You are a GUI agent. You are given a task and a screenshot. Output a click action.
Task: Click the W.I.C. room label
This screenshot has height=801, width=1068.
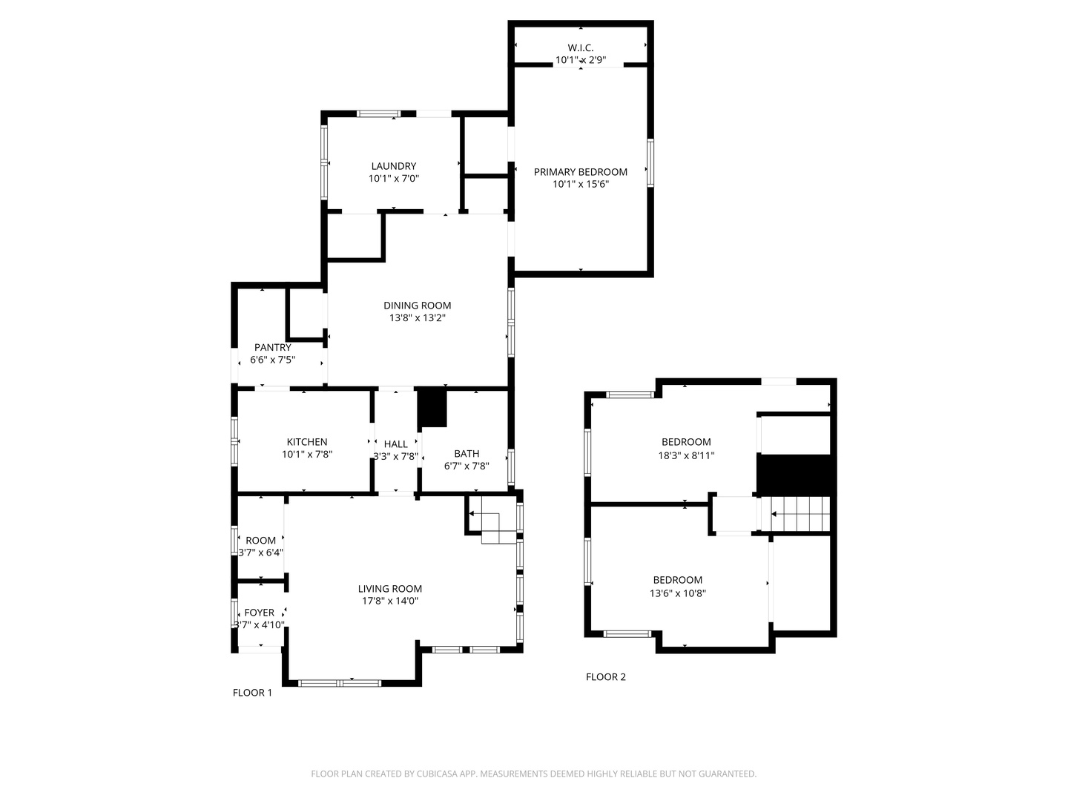pyautogui.click(x=581, y=47)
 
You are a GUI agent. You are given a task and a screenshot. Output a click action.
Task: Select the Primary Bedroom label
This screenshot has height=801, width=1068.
pyautogui.click(x=581, y=172)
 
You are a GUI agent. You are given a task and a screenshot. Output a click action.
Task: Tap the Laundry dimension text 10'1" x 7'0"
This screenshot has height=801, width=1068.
pyautogui.click(x=394, y=179)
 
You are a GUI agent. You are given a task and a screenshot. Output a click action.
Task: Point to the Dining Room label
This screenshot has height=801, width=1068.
pyautogui.click(x=417, y=306)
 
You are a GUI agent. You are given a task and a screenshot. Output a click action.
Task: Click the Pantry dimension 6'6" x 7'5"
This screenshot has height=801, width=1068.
pyautogui.click(x=273, y=360)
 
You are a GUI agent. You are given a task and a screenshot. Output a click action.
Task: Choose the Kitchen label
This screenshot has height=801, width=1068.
pyautogui.click(x=307, y=442)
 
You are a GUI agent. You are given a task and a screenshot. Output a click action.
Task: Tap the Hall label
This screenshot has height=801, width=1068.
pyautogui.click(x=395, y=444)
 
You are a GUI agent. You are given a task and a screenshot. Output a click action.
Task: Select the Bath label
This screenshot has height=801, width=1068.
pyautogui.click(x=467, y=454)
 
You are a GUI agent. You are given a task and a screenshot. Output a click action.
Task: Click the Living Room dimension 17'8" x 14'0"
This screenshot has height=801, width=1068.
pyautogui.click(x=390, y=601)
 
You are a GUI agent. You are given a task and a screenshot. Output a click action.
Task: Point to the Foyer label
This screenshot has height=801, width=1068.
pyautogui.click(x=260, y=613)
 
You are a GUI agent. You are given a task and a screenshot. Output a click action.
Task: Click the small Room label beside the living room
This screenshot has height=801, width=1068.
pyautogui.click(x=260, y=541)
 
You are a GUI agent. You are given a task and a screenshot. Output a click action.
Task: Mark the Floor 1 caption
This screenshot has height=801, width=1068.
pyautogui.click(x=252, y=693)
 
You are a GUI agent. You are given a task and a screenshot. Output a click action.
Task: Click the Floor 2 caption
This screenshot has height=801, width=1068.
pyautogui.click(x=606, y=677)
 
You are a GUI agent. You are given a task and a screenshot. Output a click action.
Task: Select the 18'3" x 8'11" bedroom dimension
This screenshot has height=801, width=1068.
pyautogui.click(x=686, y=456)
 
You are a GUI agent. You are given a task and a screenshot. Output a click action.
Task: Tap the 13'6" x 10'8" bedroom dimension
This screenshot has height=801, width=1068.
pyautogui.click(x=678, y=593)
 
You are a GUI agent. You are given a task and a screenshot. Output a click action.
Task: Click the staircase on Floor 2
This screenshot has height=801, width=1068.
pyautogui.click(x=800, y=514)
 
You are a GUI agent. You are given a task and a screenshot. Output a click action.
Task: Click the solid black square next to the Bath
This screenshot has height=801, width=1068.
pyautogui.click(x=432, y=408)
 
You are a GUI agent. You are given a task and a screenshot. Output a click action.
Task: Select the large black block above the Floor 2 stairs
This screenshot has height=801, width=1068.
pyautogui.click(x=794, y=475)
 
